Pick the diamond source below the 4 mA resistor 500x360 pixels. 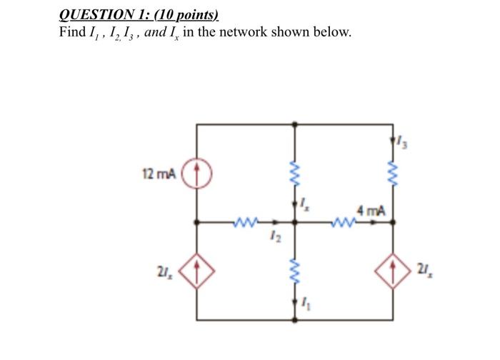[395, 271]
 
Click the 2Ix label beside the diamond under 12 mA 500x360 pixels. [162, 272]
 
